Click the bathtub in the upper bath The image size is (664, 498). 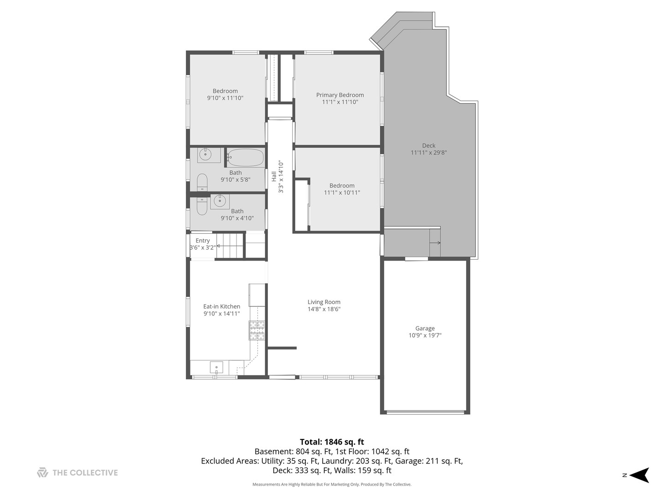pos(245,158)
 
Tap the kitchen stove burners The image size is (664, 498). pos(257,330)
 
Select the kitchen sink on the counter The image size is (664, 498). pos(216,368)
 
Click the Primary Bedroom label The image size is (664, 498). pos(340,95)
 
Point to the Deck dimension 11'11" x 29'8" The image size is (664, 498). pos(428,153)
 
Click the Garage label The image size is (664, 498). pos(425,328)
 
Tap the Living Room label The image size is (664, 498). pos(324,302)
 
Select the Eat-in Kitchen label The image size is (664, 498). pos(221,306)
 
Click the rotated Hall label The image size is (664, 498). pos(274,176)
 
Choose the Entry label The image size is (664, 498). pos(202,241)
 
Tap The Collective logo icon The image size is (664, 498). pos(42,473)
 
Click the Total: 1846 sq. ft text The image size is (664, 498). pos(332,442)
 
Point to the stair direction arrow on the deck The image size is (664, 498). pos(436,243)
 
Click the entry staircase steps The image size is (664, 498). pos(230,246)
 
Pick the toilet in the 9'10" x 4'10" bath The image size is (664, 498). pos(202,206)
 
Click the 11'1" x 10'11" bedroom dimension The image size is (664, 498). pos(342,193)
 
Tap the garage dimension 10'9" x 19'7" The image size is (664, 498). pos(425,336)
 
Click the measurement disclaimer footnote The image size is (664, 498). pos(332,485)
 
